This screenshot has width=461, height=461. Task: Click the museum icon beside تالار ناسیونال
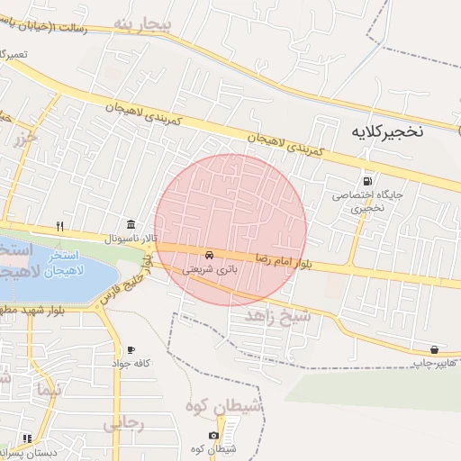pyautogui.click(x=131, y=224)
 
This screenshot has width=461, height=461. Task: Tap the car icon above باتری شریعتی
pyautogui.click(x=210, y=255)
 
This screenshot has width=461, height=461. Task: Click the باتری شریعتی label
pyautogui.click(x=210, y=269)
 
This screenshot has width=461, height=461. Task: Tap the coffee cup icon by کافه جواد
pyautogui.click(x=131, y=349)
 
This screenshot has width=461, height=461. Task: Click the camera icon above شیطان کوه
pyautogui.click(x=214, y=436)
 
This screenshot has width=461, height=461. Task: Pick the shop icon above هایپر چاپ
pyautogui.click(x=435, y=349)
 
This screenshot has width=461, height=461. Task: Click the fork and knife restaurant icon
pyautogui.click(x=59, y=225)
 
